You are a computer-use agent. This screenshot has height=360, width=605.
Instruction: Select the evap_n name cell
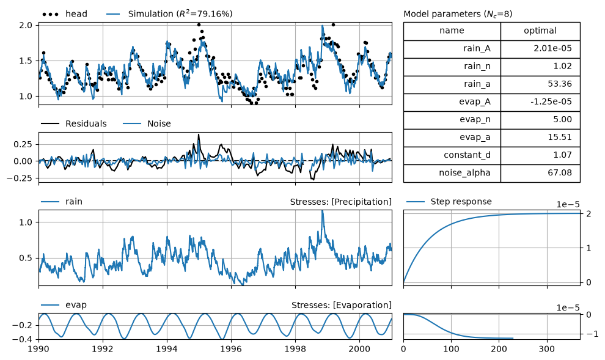pos(452,120)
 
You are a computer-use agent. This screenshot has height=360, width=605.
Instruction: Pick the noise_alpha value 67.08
pos(559,173)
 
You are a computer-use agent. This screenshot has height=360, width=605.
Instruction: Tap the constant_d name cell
pos(452,155)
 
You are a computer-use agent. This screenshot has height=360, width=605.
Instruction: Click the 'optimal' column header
pos(540,31)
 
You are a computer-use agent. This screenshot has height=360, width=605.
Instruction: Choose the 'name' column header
pos(452,31)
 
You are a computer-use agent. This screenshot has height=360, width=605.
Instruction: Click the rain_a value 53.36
pos(559,84)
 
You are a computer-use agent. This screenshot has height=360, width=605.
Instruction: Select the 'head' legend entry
pos(65,14)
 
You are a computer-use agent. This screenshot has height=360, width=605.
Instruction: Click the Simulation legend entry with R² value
pos(169,14)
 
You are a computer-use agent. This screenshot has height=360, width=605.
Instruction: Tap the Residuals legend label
pos(86,124)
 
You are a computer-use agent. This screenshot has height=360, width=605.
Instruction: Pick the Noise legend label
pos(159,124)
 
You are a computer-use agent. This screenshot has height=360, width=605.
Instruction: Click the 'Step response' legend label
pos(461,202)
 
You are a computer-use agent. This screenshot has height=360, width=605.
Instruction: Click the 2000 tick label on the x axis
pos(359,349)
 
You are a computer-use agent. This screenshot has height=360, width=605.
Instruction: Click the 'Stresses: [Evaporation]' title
pos(342,305)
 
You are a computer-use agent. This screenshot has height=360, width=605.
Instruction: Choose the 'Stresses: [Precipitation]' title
pos(341,202)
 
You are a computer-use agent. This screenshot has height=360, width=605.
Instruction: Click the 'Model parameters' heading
pos(458,14)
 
